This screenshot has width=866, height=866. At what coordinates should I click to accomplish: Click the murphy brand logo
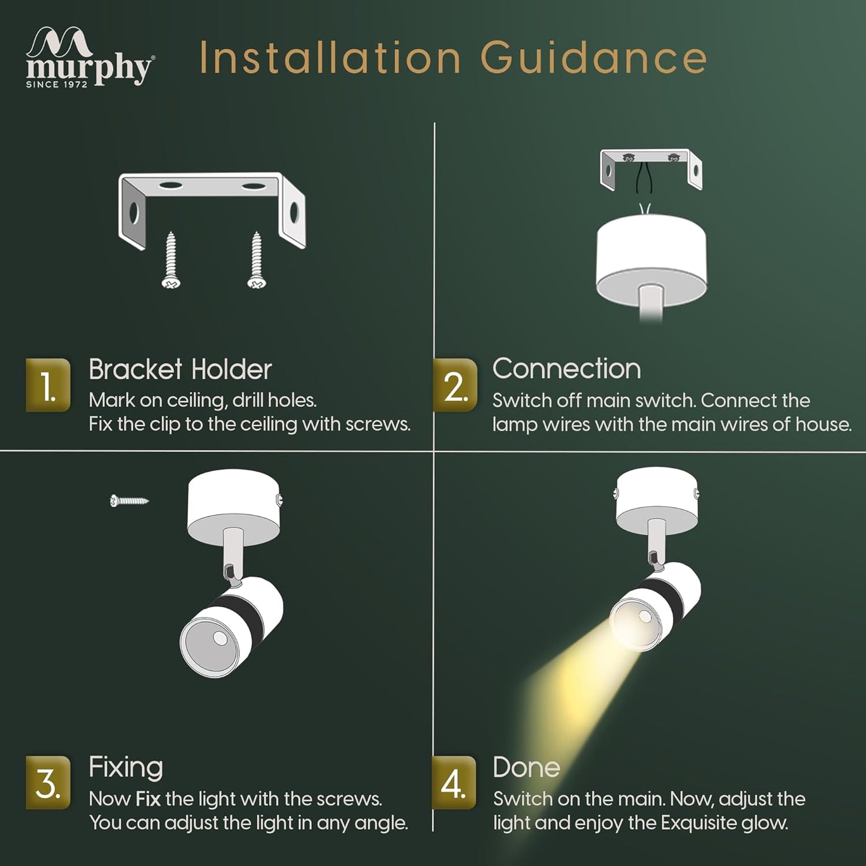(x=89, y=56)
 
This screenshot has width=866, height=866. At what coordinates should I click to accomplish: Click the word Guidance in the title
(x=594, y=57)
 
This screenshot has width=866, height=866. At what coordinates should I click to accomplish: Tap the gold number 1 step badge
(x=48, y=385)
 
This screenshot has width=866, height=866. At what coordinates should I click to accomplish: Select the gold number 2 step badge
(x=455, y=385)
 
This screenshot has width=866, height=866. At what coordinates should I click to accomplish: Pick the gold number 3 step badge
(x=48, y=783)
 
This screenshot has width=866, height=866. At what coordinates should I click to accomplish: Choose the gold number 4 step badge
(x=454, y=783)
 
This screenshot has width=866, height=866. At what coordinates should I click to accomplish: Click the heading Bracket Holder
(x=180, y=369)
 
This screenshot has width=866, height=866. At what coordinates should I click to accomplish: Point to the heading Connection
(x=567, y=369)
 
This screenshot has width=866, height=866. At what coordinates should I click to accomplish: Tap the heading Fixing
(x=126, y=767)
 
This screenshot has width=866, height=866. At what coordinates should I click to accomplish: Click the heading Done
(x=527, y=767)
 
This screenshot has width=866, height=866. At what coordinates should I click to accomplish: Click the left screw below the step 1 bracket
(x=171, y=260)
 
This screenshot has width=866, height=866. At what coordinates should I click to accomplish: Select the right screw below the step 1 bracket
(x=257, y=260)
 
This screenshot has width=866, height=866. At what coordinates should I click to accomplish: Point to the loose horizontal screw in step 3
(x=129, y=500)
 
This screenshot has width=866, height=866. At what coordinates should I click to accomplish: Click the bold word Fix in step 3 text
(x=148, y=799)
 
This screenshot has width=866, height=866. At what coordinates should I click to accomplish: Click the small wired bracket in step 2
(x=651, y=170)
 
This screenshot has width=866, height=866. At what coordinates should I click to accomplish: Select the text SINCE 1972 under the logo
(x=56, y=84)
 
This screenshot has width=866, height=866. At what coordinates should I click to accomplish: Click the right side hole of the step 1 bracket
(x=294, y=213)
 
